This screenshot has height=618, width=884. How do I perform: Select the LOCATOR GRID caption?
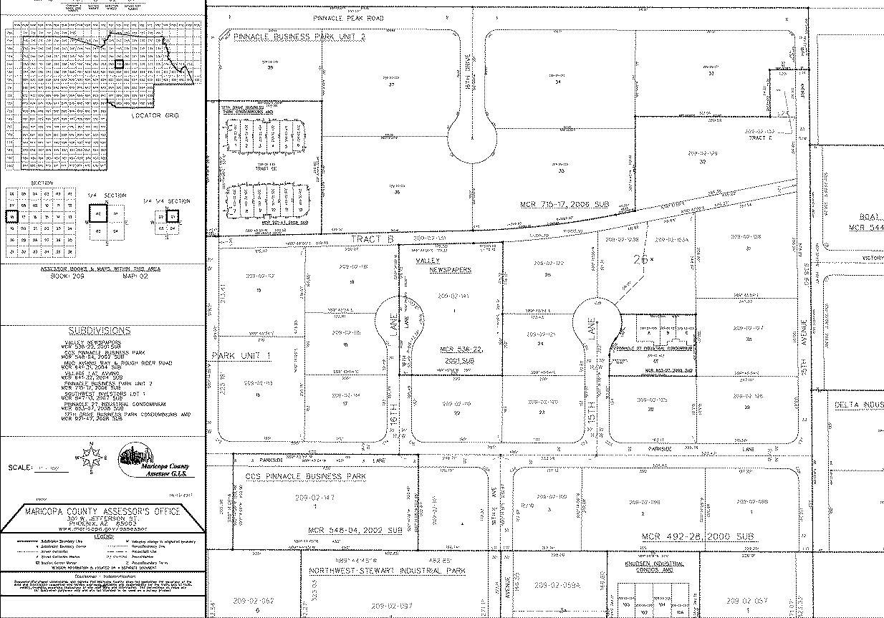(155, 115)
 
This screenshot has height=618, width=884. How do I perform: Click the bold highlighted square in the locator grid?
(119, 64)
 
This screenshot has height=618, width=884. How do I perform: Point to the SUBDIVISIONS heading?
(100, 331)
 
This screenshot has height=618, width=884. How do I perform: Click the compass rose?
(91, 459)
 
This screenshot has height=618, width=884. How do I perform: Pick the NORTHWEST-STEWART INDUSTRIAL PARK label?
(387, 571)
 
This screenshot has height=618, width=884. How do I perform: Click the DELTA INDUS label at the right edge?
(859, 405)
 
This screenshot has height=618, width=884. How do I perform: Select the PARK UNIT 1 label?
(242, 356)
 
